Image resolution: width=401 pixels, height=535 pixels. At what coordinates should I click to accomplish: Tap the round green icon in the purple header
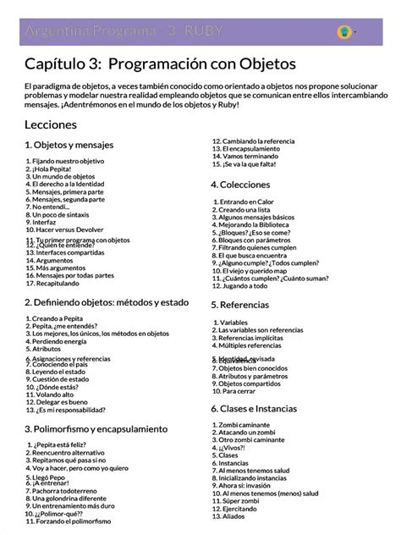(x=344, y=32)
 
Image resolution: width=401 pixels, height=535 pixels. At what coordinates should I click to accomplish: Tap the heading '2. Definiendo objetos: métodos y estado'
(x=105, y=301)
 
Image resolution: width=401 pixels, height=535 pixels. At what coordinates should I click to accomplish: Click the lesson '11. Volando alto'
(x=58, y=394)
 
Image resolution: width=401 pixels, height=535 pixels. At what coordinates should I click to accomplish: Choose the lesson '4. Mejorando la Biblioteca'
(x=259, y=224)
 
